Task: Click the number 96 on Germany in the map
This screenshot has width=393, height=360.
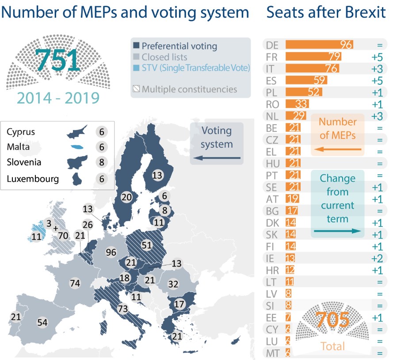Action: (x=111, y=253)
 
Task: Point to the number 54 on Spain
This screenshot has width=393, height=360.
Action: (x=42, y=322)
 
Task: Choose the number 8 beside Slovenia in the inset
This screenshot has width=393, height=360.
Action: (x=102, y=163)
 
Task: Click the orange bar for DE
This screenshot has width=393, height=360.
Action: (x=319, y=45)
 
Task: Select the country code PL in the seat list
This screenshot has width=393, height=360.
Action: (x=272, y=92)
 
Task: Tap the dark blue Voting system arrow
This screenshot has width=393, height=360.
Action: (x=217, y=158)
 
